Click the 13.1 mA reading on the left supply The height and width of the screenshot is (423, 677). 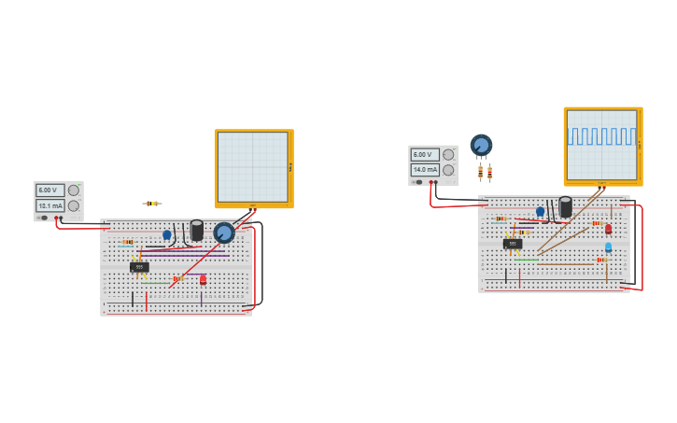pos(49,205)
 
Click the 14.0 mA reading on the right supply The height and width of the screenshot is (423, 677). pos(425,170)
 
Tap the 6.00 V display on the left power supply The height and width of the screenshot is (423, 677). pos(49,190)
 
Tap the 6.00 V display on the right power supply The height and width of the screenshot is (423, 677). pos(425,155)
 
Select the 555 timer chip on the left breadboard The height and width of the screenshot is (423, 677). pos(139,267)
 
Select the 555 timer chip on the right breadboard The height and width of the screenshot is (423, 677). pos(513,244)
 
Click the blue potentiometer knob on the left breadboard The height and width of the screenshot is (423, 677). pos(224,233)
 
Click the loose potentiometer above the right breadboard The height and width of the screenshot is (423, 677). pos(481,145)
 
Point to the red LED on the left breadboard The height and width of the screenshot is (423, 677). pos(203,279)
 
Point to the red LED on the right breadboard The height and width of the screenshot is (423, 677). pos(608,229)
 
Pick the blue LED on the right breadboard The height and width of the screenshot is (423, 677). pos(608,247)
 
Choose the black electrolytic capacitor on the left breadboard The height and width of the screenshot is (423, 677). pos(197,230)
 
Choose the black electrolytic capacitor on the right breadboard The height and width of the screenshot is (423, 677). pos(565,206)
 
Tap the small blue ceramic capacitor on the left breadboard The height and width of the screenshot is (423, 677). pos(167,235)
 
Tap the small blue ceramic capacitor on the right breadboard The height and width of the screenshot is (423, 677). pos(540,211)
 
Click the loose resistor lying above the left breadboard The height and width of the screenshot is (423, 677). pos(152,204)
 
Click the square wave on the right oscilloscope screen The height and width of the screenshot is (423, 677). pos(601,136)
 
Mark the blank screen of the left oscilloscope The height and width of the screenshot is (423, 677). pos(252,166)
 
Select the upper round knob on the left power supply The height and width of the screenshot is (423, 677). pos(74,190)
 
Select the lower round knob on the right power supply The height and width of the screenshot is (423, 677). pos(448,170)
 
